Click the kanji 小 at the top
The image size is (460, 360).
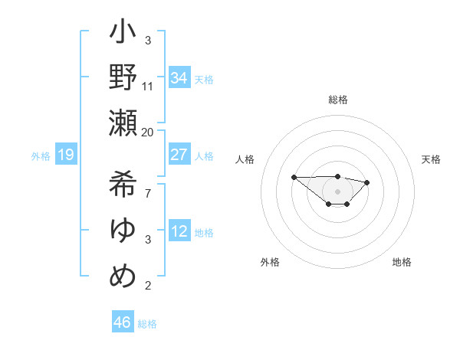pyautogui.click(x=123, y=34)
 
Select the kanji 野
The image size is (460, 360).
pyautogui.click(x=123, y=78)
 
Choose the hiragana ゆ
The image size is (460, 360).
pyautogui.click(x=123, y=230)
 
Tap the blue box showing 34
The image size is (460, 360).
pyautogui.click(x=179, y=78)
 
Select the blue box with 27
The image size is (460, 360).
pyautogui.click(x=179, y=155)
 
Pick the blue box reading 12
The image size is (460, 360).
pyautogui.click(x=179, y=232)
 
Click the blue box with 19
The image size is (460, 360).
pyautogui.click(x=65, y=155)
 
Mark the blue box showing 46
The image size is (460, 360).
pyautogui.click(x=123, y=322)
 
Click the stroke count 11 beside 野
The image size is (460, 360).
pyautogui.click(x=148, y=86)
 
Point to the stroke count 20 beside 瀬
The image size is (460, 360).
pyautogui.click(x=148, y=132)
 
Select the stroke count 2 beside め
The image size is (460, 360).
pyautogui.click(x=148, y=286)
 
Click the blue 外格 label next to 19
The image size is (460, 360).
pyautogui.click(x=41, y=156)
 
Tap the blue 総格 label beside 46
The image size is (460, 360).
pyautogui.click(x=147, y=324)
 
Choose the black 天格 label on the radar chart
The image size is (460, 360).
pyautogui.click(x=431, y=159)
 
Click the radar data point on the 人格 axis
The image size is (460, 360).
pyautogui.click(x=294, y=177)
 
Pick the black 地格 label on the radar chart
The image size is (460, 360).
pyautogui.click(x=402, y=262)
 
